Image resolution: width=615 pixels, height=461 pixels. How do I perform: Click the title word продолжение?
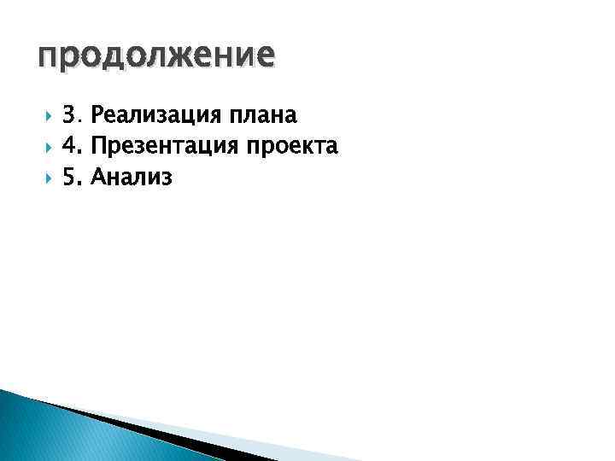click(x=156, y=56)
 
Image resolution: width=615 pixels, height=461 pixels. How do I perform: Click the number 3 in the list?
click(x=69, y=114)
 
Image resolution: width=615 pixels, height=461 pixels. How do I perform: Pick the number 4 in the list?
click(x=70, y=147)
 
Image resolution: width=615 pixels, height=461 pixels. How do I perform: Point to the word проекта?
click(x=291, y=148)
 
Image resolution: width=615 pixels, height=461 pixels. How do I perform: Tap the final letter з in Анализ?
click(x=167, y=180)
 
